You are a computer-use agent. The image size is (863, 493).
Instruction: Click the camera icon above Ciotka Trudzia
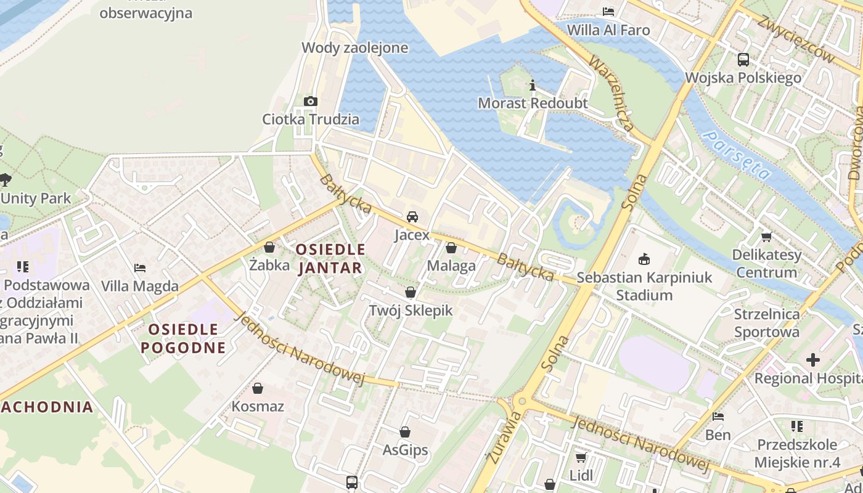tap(310, 102)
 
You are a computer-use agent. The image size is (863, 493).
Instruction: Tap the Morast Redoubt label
tap(533, 103)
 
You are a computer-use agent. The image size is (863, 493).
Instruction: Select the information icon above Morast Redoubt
tap(533, 85)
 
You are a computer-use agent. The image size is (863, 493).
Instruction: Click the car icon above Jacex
tap(412, 217)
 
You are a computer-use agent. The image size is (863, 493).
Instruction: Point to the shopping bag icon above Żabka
tap(269, 248)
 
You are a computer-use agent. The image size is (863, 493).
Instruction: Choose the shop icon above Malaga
tap(451, 248)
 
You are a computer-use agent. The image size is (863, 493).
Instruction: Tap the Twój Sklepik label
tap(411, 311)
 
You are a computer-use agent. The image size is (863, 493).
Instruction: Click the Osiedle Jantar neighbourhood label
tap(330, 259)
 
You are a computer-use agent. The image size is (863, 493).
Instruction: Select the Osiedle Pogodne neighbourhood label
tap(183, 338)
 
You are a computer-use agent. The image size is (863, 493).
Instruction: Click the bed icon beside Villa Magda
tap(140, 268)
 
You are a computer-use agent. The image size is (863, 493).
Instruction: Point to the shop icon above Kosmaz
tap(258, 389)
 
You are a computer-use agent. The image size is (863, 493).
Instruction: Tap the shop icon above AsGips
tap(405, 433)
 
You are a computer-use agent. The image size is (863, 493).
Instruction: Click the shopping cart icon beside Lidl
tap(581, 457)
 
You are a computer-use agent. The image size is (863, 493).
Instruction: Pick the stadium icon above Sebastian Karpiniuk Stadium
tap(644, 259)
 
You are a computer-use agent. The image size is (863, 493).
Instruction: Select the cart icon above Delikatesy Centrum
tap(767, 237)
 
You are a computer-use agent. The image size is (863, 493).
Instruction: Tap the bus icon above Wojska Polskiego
tap(743, 60)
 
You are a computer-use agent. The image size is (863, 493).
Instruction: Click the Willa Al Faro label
tap(608, 30)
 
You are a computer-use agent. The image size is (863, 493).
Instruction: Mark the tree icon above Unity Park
tap(6, 180)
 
